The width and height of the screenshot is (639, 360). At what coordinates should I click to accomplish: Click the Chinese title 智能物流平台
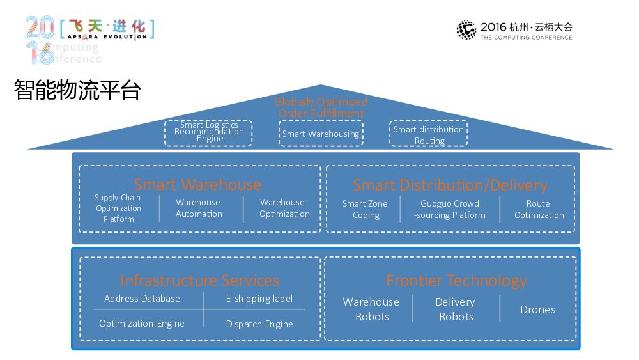coord(77,90)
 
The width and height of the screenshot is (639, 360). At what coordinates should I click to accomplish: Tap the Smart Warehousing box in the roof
coord(321,134)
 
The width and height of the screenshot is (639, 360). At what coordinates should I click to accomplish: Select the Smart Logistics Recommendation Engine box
coord(209,132)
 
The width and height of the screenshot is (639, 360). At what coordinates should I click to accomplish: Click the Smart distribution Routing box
coord(429,134)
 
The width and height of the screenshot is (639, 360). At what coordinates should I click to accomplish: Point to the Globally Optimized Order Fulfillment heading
coord(321,107)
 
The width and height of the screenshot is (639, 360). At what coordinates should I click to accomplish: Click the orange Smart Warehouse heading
coord(197,185)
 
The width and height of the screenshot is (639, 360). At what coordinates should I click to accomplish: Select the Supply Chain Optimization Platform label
coord(118,208)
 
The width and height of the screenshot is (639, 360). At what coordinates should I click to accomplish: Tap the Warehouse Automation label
coord(199,208)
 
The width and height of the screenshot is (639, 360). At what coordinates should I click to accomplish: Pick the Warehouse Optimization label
coord(284,208)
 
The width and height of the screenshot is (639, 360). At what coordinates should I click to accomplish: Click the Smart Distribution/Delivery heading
coord(450,185)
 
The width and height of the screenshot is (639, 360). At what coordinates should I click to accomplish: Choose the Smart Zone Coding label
coord(365,210)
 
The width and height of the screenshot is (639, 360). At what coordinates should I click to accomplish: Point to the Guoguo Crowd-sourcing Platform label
coord(450,210)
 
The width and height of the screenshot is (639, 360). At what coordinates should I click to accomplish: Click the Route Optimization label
coord(539,210)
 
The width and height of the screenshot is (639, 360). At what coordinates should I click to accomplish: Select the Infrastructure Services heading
coord(199,280)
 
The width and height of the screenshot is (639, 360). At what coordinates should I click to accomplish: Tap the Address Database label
coord(142,299)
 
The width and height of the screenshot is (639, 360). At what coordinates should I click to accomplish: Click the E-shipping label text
coord(259,299)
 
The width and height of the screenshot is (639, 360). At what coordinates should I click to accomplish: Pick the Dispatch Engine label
coord(259,324)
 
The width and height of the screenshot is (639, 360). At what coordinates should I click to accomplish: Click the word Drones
coord(537,309)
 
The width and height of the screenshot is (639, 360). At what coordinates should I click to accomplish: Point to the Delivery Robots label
coord(456,309)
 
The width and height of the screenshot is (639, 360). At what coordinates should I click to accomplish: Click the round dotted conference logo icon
coord(466,29)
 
